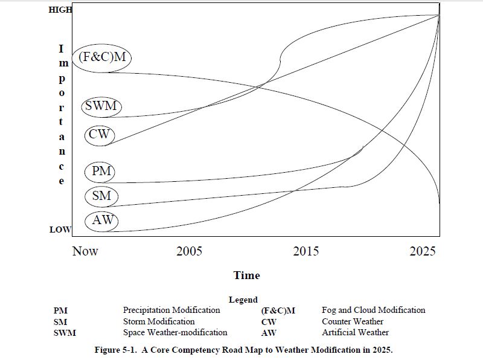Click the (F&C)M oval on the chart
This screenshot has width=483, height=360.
coord(103,57)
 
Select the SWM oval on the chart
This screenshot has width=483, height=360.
coord(101,106)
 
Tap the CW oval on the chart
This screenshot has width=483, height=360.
coord(98,134)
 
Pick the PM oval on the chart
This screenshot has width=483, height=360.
coord(101,172)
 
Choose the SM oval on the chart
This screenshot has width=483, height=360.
coord(101,196)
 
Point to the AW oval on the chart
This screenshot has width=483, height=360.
coord(101,220)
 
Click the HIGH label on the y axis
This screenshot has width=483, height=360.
coord(60,10)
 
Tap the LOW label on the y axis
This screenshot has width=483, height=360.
coord(60,230)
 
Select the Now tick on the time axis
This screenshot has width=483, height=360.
coord(85,251)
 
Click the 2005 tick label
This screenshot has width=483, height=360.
coord(189,251)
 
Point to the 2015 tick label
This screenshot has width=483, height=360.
coord(306,251)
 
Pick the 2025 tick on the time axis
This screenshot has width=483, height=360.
coord(422,251)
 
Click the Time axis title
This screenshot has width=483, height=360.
coord(246,275)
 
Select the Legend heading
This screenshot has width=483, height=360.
coord(243,300)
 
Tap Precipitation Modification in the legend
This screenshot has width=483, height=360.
coord(171,310)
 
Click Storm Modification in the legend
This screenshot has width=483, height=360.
coord(159,321)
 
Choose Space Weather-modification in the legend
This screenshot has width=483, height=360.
coord(175,332)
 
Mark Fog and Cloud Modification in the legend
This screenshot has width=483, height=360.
coord(373,310)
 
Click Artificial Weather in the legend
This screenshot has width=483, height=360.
coord(355,332)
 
